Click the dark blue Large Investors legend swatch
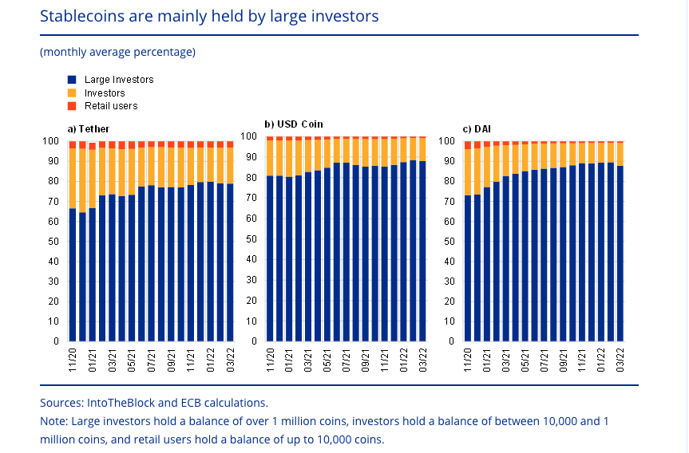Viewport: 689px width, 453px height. [72, 80]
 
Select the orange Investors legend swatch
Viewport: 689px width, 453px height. [72, 93]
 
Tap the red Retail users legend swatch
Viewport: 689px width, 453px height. [72, 106]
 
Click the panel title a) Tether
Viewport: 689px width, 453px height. [89, 128]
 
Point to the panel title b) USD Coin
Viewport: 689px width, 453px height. [294, 124]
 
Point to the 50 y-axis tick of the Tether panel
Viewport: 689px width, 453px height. [55, 241]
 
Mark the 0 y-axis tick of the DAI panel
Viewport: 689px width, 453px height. [451, 341]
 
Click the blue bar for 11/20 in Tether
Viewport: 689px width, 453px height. [73, 275]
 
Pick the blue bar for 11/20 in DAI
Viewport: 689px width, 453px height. [468, 268]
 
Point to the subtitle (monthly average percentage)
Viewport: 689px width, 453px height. [117, 52]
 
